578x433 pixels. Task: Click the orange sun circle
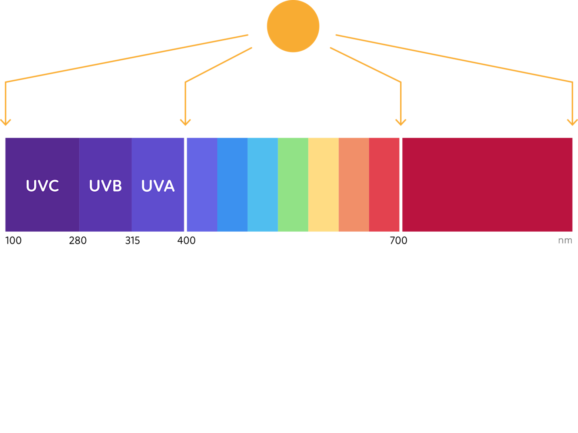293,26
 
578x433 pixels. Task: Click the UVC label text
42,185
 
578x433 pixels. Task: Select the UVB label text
106,185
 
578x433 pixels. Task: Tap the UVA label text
158,185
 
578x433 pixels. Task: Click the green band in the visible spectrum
293,185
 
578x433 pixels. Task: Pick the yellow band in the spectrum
323,185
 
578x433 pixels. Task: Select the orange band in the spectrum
354,185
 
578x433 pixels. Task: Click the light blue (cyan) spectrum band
263,185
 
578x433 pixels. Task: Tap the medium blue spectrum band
232,185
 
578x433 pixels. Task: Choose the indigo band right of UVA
202,185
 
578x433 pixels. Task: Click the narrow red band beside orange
384,185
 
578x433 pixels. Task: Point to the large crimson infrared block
487,185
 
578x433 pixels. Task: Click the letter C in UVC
53,186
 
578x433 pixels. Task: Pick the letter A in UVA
169,186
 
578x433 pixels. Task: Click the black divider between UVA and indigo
186,185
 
